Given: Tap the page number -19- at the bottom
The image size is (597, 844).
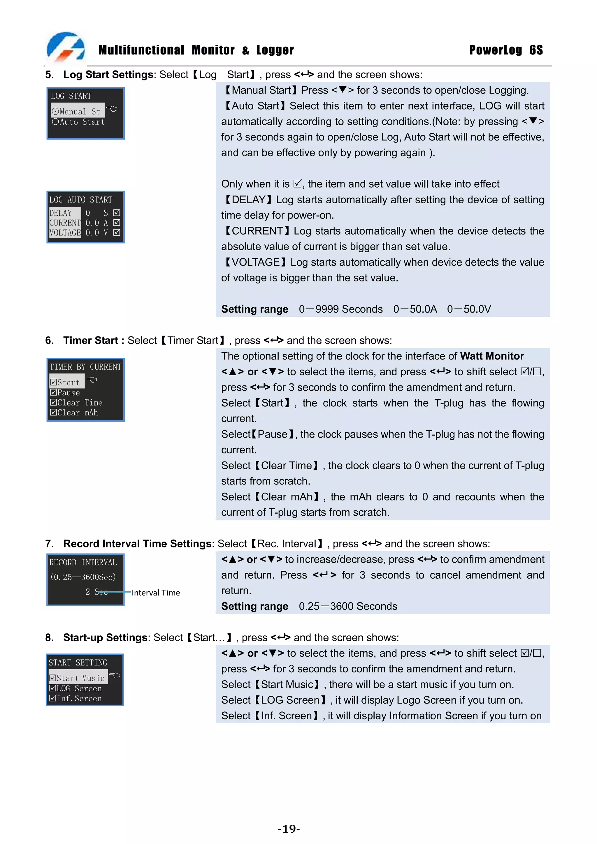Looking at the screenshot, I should [x=289, y=829].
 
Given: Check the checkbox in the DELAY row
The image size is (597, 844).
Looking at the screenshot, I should [x=117, y=212].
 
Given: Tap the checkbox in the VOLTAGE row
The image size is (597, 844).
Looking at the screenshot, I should [x=117, y=232].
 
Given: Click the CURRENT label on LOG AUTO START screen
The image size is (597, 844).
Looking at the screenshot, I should [x=65, y=223].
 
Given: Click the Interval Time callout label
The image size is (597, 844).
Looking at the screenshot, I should [x=156, y=593].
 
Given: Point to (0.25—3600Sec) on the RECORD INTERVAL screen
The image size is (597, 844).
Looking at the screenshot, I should [x=83, y=577].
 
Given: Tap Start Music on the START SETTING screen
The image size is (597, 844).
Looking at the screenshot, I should [x=78, y=678].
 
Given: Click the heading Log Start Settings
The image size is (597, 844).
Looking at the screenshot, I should [x=108, y=75].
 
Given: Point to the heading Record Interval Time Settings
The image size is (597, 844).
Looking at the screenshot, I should [x=137, y=544].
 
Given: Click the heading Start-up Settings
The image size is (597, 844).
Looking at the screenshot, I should [x=105, y=637].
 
